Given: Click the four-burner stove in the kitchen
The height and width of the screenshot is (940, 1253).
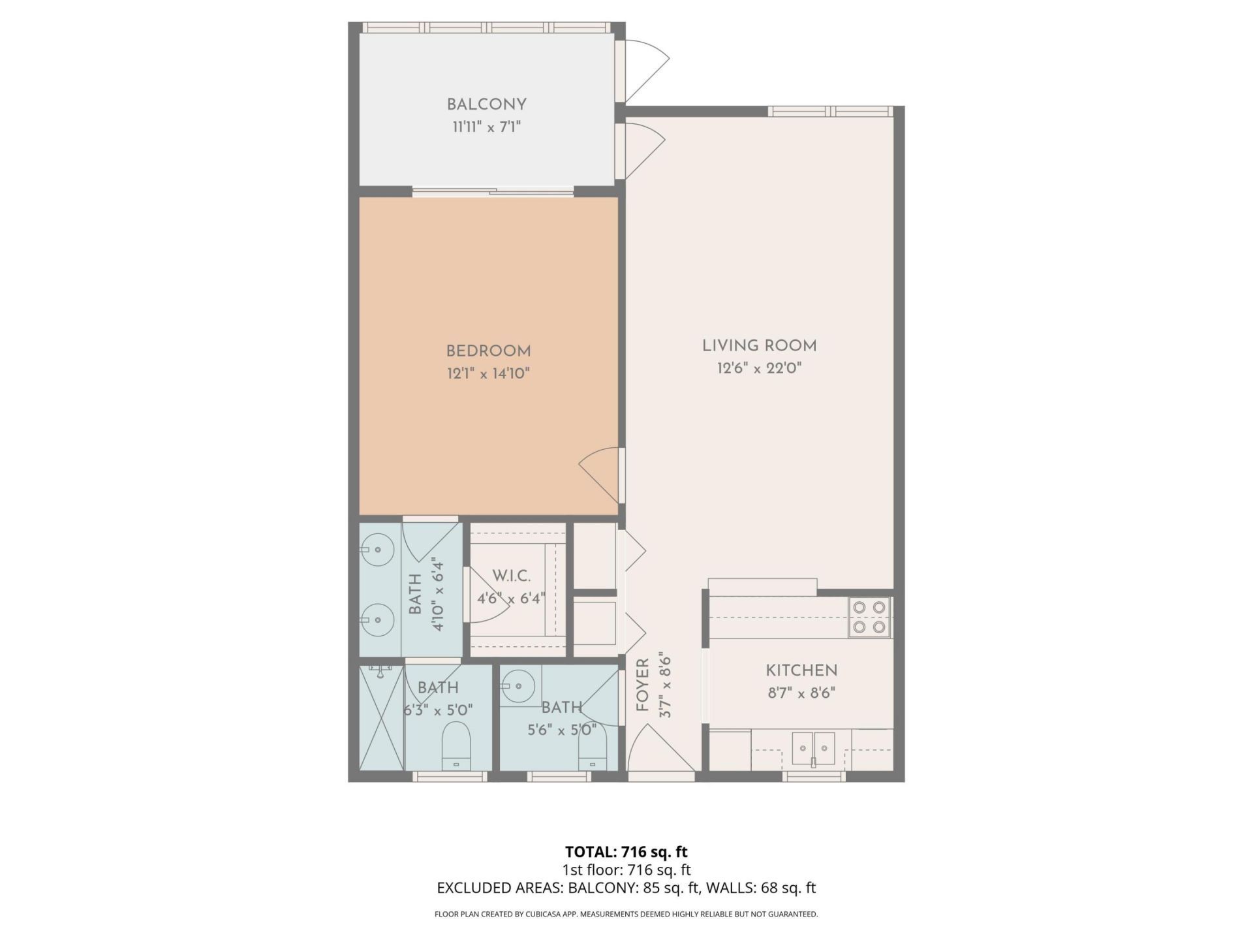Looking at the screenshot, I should [x=869, y=617].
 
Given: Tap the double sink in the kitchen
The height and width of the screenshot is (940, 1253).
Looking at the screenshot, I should [x=813, y=747].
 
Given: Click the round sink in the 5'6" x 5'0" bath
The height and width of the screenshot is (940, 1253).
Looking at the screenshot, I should [x=518, y=685].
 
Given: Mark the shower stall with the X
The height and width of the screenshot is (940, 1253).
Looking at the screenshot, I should [x=382, y=718].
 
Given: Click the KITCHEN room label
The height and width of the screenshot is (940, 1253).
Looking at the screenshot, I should [x=801, y=670].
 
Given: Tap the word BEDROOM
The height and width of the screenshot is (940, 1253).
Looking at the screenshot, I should [x=488, y=351].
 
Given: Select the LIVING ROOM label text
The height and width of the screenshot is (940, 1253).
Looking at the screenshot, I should [x=759, y=345].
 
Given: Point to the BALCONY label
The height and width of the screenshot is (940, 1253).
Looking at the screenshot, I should [x=486, y=104].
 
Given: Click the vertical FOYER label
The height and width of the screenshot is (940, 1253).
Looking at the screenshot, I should [x=643, y=685].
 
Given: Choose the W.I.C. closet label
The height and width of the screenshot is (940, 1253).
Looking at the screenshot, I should [x=511, y=576].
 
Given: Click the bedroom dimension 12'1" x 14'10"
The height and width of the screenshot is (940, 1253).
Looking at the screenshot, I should [x=488, y=373].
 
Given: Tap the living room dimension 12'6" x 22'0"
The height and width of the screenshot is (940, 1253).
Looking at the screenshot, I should [x=759, y=368].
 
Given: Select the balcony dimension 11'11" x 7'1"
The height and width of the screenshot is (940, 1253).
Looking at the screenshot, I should [x=486, y=127].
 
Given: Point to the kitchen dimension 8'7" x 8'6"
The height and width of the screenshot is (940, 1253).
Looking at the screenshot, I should [x=801, y=693].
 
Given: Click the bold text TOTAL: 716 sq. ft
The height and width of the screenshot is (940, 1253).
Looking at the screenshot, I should [x=626, y=851].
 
